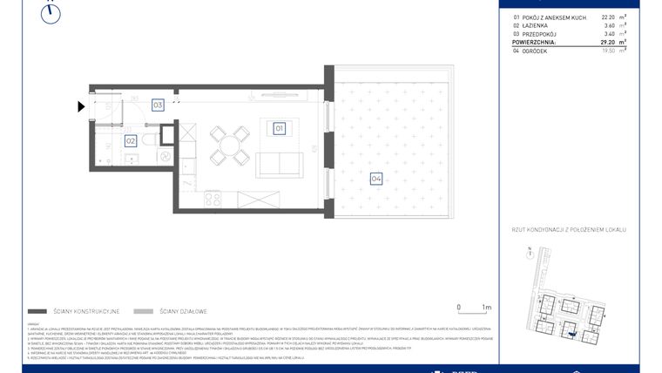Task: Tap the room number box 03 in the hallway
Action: point(158,105)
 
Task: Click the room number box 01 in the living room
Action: point(280,129)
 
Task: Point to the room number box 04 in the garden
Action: point(375,180)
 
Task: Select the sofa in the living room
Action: point(279,162)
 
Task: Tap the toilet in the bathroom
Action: point(148,139)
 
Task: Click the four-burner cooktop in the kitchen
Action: point(213,200)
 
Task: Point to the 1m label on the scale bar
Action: point(486,307)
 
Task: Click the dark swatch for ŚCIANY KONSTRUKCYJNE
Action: point(37,311)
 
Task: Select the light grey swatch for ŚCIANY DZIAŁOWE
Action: point(144,311)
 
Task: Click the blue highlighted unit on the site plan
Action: point(571,330)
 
